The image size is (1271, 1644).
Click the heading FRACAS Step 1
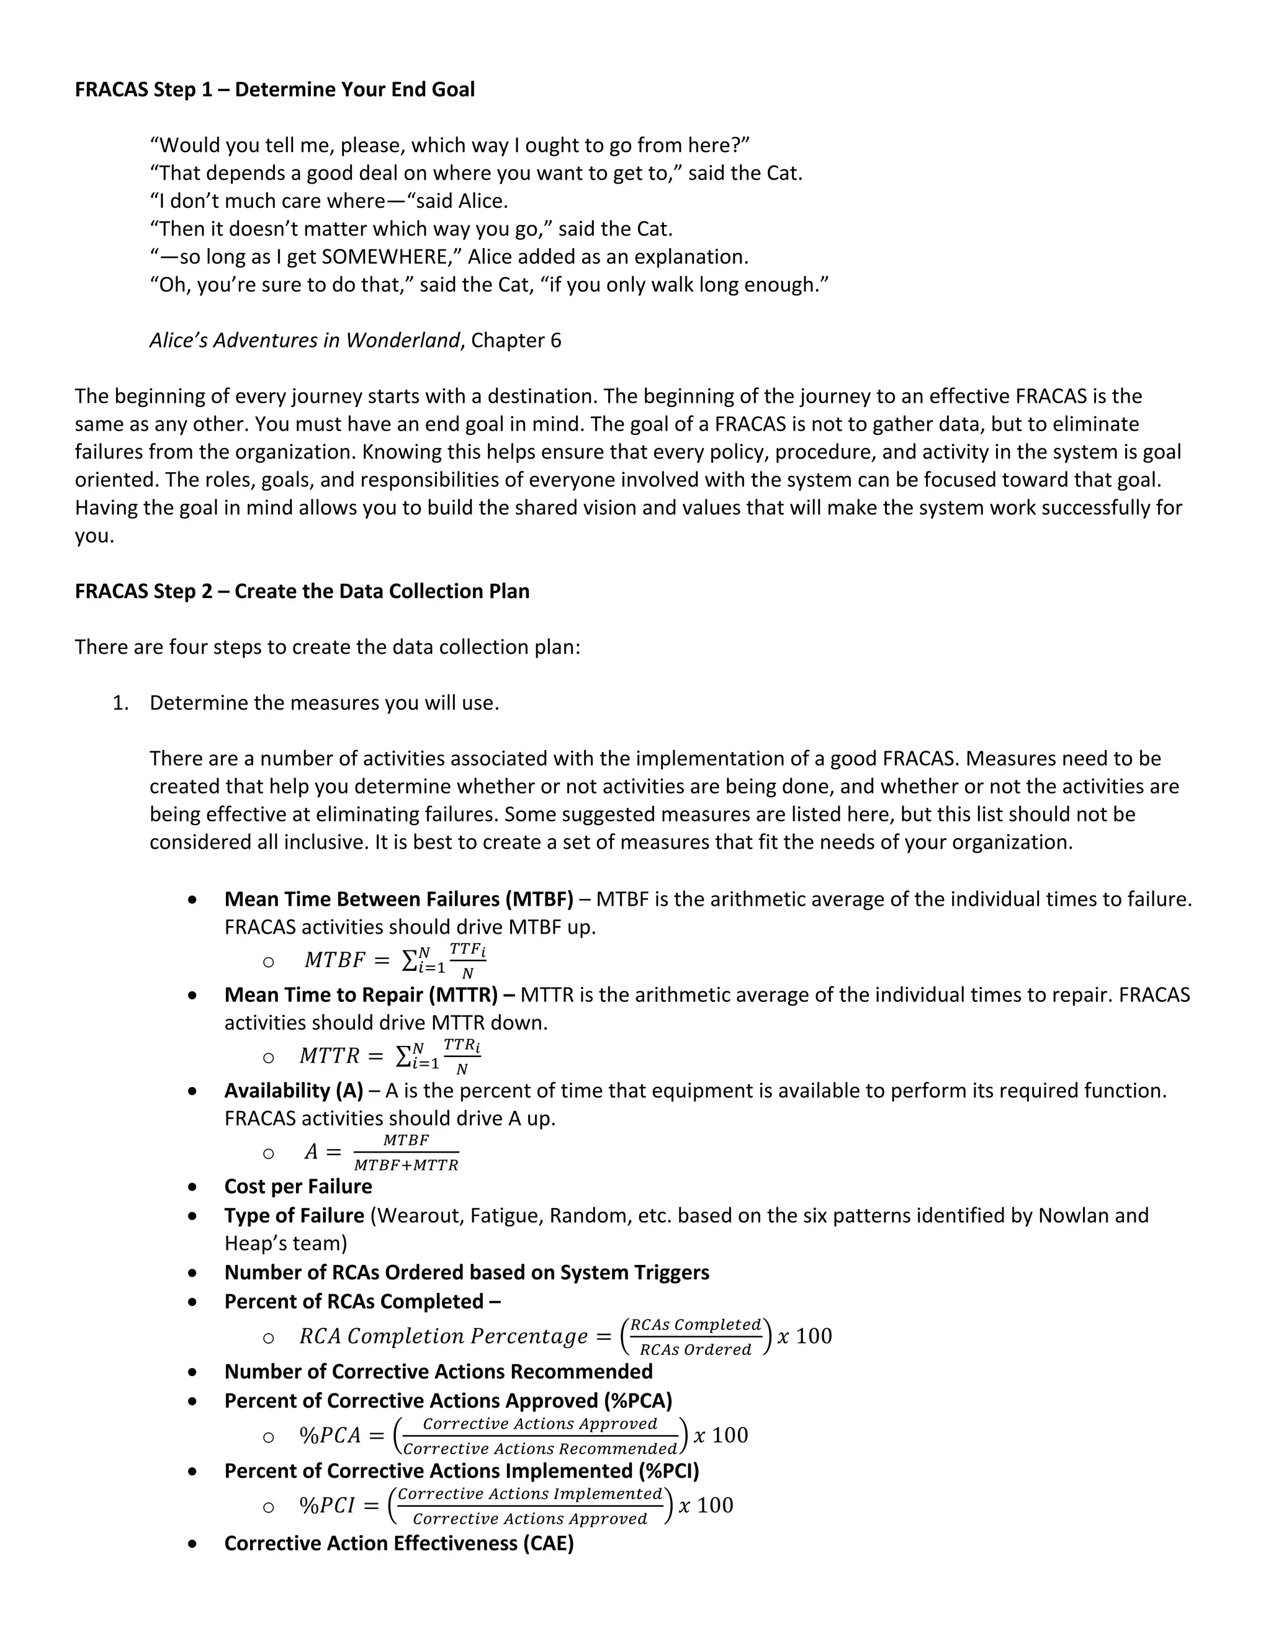274,89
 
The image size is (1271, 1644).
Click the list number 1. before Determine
120,703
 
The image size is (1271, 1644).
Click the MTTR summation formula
389,1056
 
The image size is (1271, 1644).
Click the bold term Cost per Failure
298,1187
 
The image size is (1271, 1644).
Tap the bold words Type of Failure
294,1217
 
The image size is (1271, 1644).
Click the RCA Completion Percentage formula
565,1337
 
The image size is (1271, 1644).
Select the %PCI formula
516,1506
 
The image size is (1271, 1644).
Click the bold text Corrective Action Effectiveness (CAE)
399,1544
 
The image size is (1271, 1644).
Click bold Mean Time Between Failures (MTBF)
398,900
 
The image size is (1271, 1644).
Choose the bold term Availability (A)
294,1091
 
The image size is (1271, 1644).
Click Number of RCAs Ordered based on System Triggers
466,1273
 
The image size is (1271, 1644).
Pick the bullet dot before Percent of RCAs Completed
194,1302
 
